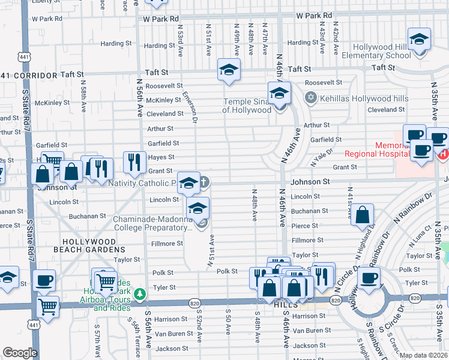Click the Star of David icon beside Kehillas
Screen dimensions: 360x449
tap(310, 97)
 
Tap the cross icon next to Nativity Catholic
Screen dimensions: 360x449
tap(204, 181)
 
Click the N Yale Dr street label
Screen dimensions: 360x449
tap(321, 158)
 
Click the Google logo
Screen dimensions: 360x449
tap(20, 353)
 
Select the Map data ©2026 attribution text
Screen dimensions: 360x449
tap(423, 355)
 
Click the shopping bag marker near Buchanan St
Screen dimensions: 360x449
tap(363, 216)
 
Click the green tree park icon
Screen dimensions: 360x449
tap(140, 294)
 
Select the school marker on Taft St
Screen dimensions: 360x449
tap(229, 71)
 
